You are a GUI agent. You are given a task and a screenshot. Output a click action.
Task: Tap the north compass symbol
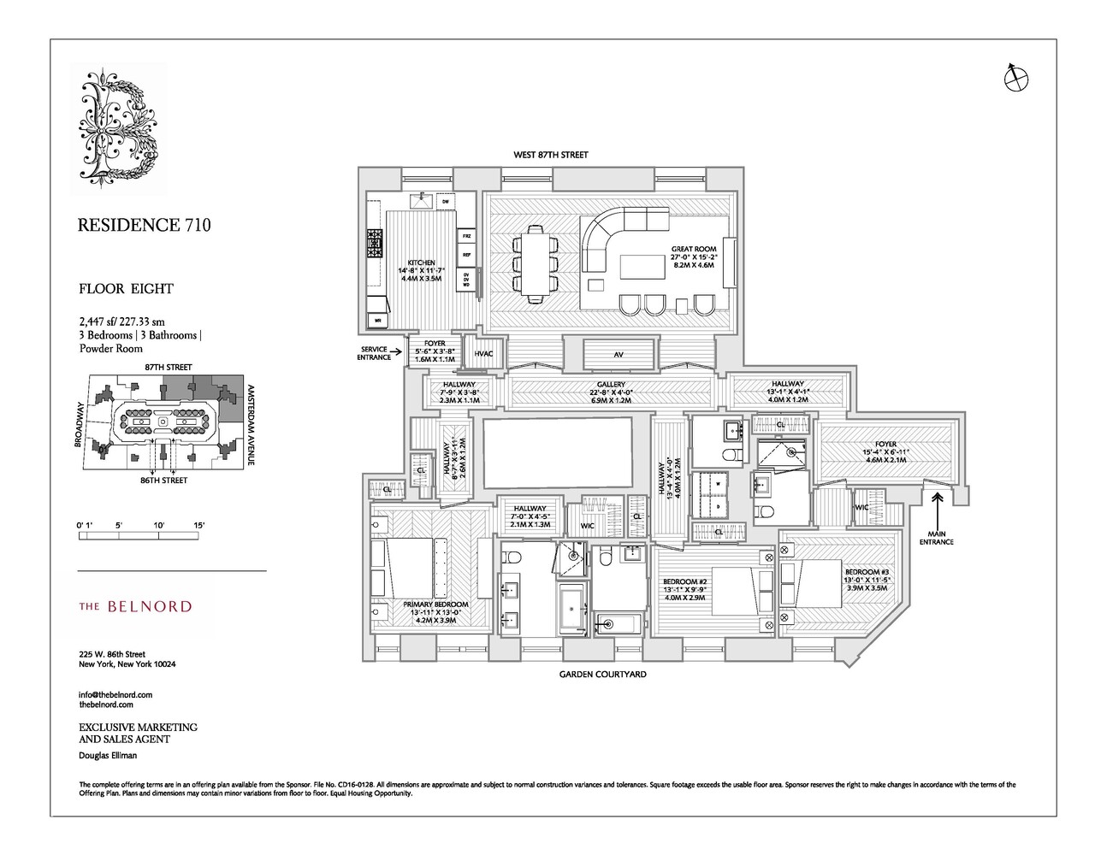point(1015,78)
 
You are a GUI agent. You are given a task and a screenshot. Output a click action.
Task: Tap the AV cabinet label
point(617,354)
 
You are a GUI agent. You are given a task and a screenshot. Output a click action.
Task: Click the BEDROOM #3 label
point(867,572)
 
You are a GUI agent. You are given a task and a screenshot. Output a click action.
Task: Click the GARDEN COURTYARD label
point(602,675)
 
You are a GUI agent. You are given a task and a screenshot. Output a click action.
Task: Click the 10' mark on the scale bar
point(159,523)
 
